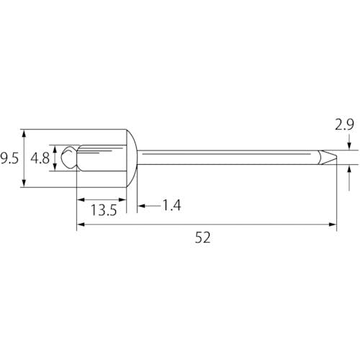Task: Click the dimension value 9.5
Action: click(9, 158)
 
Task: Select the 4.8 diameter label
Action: click(40, 158)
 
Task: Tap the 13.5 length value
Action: click(104, 210)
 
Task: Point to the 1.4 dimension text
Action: click(171, 205)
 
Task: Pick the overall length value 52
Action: click(202, 238)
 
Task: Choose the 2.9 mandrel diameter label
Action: click(344, 125)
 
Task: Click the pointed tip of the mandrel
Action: click(336, 158)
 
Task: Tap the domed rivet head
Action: click(132, 158)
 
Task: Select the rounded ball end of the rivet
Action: click(69, 157)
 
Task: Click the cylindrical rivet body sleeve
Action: click(102, 158)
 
